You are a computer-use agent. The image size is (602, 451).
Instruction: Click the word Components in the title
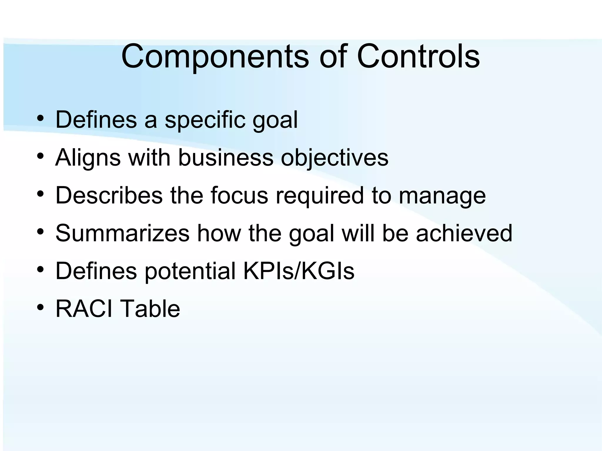pos(215,56)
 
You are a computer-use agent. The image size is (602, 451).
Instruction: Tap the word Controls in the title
pos(418,56)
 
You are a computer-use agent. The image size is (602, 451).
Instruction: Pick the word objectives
pos(335,158)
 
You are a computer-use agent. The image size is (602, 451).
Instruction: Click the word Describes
pos(109,195)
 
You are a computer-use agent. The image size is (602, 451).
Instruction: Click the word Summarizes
pos(122,233)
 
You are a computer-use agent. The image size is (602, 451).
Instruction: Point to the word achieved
pos(464,233)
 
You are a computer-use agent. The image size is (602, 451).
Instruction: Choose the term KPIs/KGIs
pos(299,271)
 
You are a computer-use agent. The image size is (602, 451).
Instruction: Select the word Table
pos(150,309)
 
